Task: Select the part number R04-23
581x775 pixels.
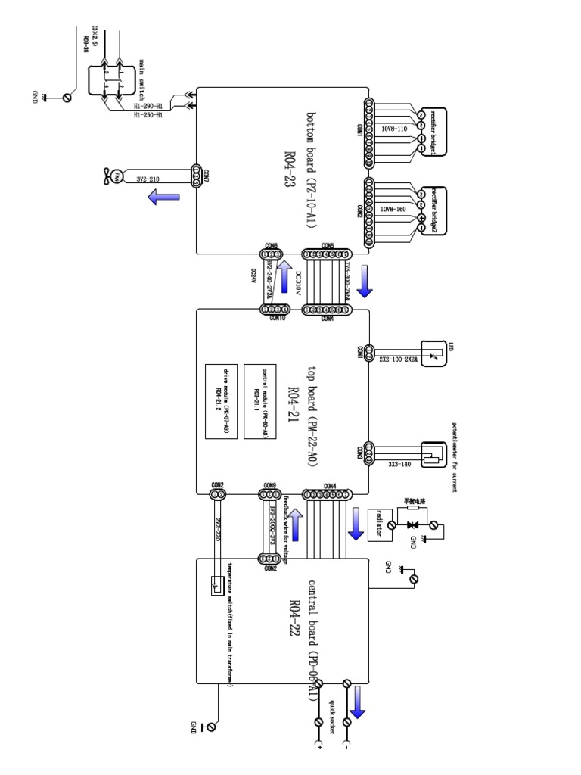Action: pos(289,170)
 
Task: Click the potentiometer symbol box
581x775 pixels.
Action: pos(431,453)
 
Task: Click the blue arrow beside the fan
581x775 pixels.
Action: pos(162,198)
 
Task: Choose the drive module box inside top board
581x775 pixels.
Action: pos(223,401)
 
